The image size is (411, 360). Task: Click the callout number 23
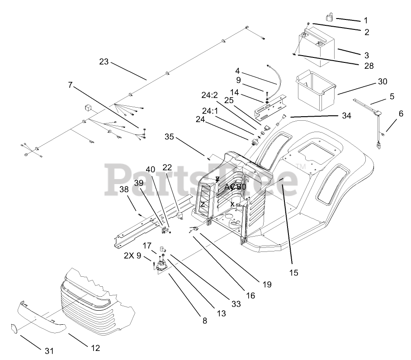(x=104, y=62)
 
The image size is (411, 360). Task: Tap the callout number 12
(x=95, y=348)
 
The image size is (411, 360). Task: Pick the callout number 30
(x=383, y=82)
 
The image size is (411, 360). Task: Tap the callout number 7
(x=70, y=85)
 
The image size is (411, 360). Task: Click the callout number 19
(x=267, y=284)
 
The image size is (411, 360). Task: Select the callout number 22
(x=167, y=167)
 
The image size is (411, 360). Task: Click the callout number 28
(x=368, y=66)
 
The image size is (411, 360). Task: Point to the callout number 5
(x=392, y=96)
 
